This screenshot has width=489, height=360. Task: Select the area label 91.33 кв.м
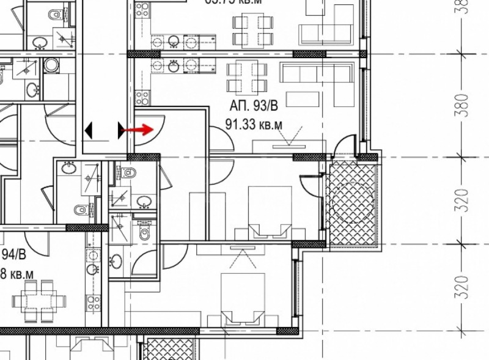coord(254,125)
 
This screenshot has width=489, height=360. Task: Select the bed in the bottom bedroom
coord(242,299)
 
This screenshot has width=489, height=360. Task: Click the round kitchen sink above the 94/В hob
coord(93,270)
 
